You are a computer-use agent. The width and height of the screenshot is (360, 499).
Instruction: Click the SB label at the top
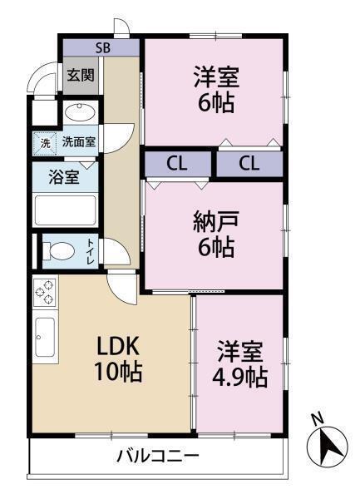tap(102, 47)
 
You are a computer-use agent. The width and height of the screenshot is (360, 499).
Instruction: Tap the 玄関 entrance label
tap(81, 75)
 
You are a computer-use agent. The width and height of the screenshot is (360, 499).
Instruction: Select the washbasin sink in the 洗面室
tap(81, 112)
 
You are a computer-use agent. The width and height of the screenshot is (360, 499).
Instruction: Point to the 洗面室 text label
tap(79, 142)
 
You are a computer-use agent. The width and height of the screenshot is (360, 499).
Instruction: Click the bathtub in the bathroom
tap(66, 210)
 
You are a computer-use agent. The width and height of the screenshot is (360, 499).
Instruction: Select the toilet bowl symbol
tap(58, 250)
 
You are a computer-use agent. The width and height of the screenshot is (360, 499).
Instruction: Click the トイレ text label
tap(91, 250)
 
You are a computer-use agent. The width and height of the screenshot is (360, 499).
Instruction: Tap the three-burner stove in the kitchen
tap(45, 293)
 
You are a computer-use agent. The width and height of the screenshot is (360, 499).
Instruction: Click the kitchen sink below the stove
tap(45, 336)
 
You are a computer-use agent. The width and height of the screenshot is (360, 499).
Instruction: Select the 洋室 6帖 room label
tap(216, 90)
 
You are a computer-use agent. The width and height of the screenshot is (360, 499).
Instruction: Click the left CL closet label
tap(175, 163)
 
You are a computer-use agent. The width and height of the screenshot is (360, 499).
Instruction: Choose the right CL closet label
tap(249, 163)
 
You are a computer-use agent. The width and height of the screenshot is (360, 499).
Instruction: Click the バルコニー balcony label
tap(157, 456)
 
